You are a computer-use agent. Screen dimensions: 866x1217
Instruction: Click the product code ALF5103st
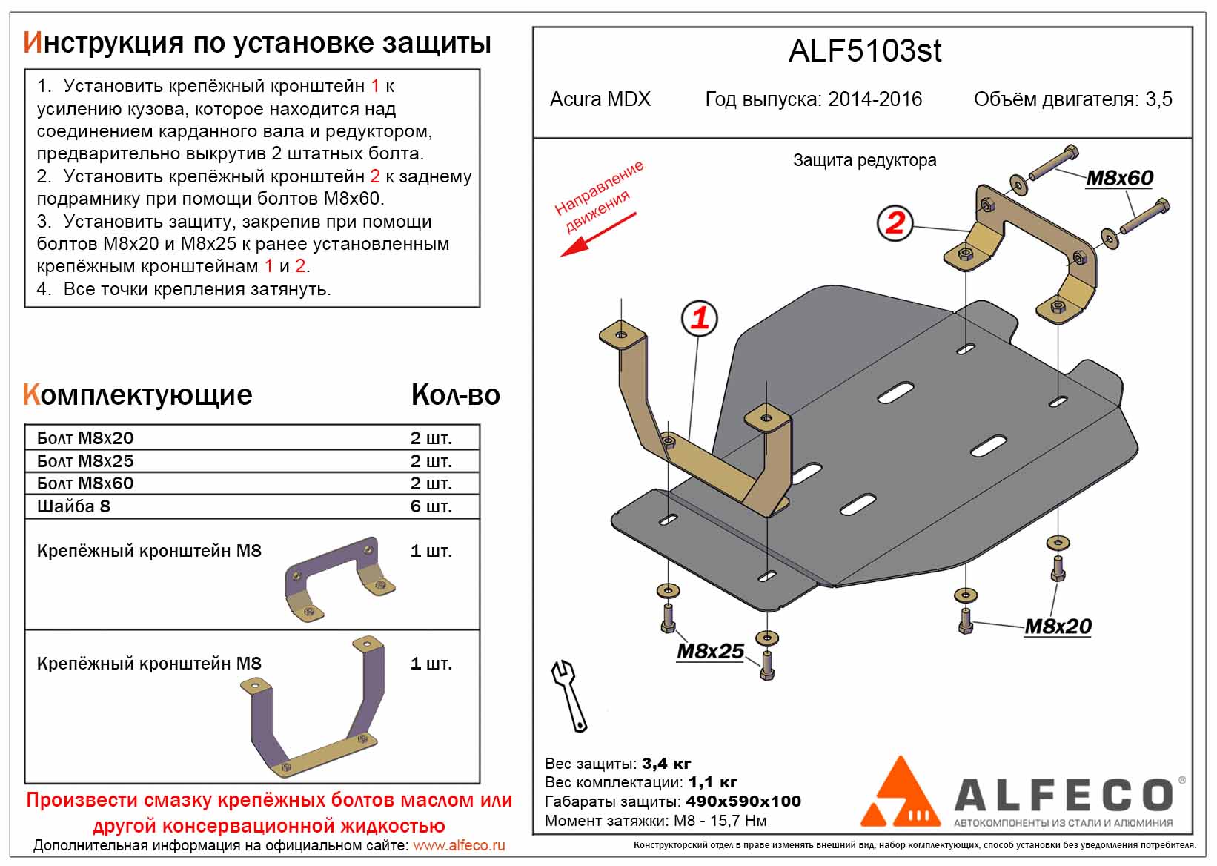click(864, 51)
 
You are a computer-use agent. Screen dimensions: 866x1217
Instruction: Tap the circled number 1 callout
click(700, 319)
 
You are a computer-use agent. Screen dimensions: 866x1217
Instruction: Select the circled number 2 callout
click(895, 222)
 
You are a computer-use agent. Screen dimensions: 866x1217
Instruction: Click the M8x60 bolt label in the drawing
click(1119, 178)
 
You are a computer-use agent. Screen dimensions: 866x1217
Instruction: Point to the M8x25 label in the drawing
click(710, 651)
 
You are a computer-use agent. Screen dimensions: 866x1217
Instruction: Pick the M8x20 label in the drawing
click(1058, 627)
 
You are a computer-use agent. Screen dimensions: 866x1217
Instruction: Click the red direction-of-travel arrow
click(597, 235)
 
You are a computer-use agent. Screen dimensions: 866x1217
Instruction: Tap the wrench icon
click(569, 695)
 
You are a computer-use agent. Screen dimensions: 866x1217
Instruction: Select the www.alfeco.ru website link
click(459, 845)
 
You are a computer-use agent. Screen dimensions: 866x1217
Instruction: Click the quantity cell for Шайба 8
click(431, 506)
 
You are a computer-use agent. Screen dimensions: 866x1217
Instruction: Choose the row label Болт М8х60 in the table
click(85, 483)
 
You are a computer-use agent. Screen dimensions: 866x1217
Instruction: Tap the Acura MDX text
click(600, 99)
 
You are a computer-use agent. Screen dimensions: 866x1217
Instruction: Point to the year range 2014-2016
click(875, 99)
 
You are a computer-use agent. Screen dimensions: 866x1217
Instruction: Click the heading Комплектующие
click(138, 395)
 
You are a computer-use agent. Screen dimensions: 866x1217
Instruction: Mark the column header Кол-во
click(455, 395)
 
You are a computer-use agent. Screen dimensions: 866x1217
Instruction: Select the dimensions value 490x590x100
click(743, 801)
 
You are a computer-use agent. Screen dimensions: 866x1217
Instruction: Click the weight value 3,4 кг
click(666, 764)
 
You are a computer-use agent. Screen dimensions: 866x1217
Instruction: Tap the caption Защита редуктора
click(864, 160)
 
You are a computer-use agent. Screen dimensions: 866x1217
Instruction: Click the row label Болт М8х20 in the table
click(85, 438)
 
